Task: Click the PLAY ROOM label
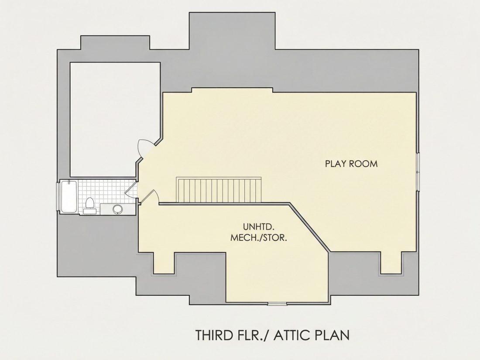tap(351, 164)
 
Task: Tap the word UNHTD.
tap(258, 227)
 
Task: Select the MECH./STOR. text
tap(259, 237)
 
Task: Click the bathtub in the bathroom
tap(69, 196)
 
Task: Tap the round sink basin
tap(117, 209)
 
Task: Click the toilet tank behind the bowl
tap(90, 211)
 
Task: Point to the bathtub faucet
tap(69, 183)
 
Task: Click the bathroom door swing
tap(131, 190)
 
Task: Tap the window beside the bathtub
tap(58, 196)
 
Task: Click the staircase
tap(219, 190)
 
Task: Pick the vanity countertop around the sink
tap(117, 209)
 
